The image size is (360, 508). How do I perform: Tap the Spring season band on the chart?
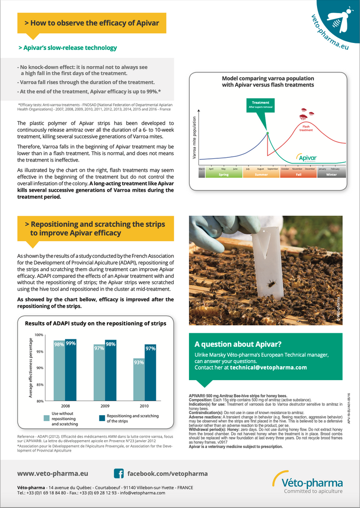(x=223, y=175)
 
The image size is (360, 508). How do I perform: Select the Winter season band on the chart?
(x=331, y=175)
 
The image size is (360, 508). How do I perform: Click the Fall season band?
(x=298, y=175)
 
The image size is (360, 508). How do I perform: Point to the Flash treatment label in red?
(x=306, y=128)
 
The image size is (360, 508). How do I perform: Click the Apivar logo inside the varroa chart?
(x=305, y=158)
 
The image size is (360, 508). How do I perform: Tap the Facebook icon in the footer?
(x=118, y=473)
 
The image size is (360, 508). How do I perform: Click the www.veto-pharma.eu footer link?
(x=52, y=473)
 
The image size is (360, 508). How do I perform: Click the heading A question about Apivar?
(x=237, y=344)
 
